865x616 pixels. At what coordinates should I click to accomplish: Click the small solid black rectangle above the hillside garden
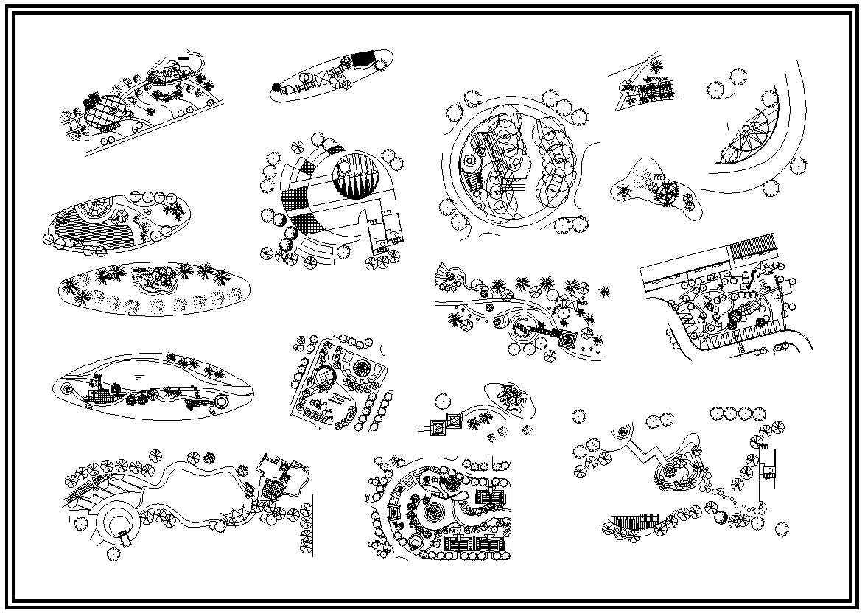pyautogui.click(x=183, y=57)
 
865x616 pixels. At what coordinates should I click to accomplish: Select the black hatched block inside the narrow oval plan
pyautogui.click(x=363, y=59)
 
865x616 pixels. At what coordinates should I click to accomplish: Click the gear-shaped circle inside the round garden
pyautogui.click(x=469, y=161)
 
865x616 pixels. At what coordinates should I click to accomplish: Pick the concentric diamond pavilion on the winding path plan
pyautogui.click(x=568, y=340)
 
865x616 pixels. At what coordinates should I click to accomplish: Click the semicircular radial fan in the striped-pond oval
pyautogui.click(x=94, y=210)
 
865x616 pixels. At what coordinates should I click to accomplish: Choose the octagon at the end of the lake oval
pyautogui.click(x=221, y=403)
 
